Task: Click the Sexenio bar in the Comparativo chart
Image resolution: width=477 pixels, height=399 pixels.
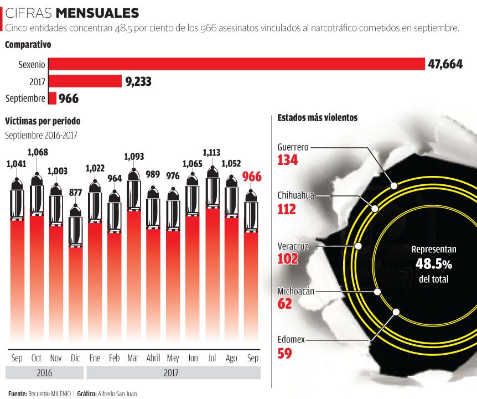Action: (x=236, y=64)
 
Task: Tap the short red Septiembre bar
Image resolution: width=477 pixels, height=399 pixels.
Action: (x=53, y=99)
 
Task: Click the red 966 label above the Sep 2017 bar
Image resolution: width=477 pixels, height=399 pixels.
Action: (x=252, y=178)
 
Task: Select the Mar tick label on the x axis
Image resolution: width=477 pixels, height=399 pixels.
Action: (x=133, y=358)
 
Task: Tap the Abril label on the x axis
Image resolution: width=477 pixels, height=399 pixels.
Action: (x=153, y=358)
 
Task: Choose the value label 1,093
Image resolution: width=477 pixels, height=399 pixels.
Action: (x=133, y=157)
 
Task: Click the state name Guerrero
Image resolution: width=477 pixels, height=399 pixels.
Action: (x=293, y=147)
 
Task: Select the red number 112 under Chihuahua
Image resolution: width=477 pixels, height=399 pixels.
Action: (x=287, y=209)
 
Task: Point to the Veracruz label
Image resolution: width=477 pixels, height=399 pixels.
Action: (x=292, y=246)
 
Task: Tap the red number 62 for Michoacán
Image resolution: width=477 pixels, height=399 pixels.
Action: (x=284, y=304)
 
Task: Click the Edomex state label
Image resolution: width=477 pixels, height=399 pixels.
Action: (x=291, y=339)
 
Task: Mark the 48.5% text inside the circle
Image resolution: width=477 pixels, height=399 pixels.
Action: (x=433, y=264)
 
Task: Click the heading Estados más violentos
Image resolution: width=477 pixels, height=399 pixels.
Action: (x=317, y=118)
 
